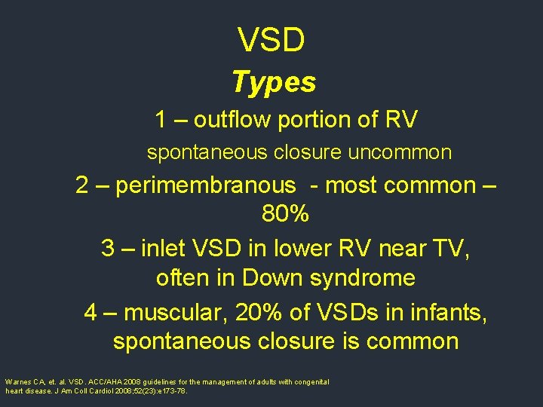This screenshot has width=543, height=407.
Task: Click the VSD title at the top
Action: pyautogui.click(x=271, y=40)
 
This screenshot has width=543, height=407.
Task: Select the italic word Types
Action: pyautogui.click(x=274, y=82)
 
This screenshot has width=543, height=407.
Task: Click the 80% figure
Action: pyautogui.click(x=285, y=214)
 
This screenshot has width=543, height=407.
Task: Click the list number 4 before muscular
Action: pyautogui.click(x=90, y=311)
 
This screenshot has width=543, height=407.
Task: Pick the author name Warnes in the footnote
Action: pyautogui.click(x=19, y=382)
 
